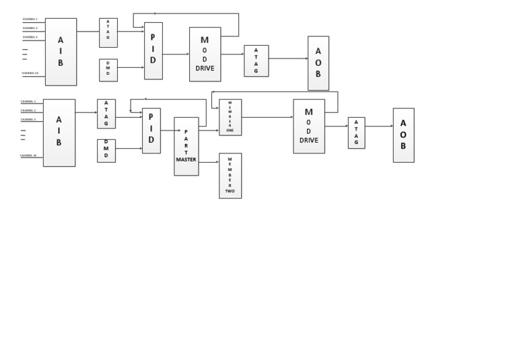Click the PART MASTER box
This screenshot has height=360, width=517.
tap(186, 146)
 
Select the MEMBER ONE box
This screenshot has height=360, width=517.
tap(230, 117)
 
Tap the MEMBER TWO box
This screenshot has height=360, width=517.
tap(230, 175)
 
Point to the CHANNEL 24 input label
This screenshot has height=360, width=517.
tap(30, 73)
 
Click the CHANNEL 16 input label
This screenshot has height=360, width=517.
tap(28, 155)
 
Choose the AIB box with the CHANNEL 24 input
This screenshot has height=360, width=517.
tap(61, 52)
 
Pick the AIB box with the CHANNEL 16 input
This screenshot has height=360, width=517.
tap(59, 133)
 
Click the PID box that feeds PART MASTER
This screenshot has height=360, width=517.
tap(151, 131)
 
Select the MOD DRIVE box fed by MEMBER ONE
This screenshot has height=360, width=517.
tap(309, 126)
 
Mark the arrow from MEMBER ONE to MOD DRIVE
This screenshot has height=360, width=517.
tap(267, 117)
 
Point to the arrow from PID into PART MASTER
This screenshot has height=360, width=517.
tap(168, 131)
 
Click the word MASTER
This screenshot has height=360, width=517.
tap(186, 159)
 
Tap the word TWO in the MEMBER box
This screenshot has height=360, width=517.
tap(230, 191)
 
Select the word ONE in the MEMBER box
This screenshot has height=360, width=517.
tap(230, 130)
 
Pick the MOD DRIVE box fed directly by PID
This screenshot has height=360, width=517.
tap(205, 55)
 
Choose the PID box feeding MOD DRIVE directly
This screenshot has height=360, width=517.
tap(153, 50)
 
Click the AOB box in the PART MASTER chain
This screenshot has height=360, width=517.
tap(403, 135)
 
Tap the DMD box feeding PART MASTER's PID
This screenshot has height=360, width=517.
tap(106, 151)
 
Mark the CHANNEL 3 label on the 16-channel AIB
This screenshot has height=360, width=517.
tap(28, 119)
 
